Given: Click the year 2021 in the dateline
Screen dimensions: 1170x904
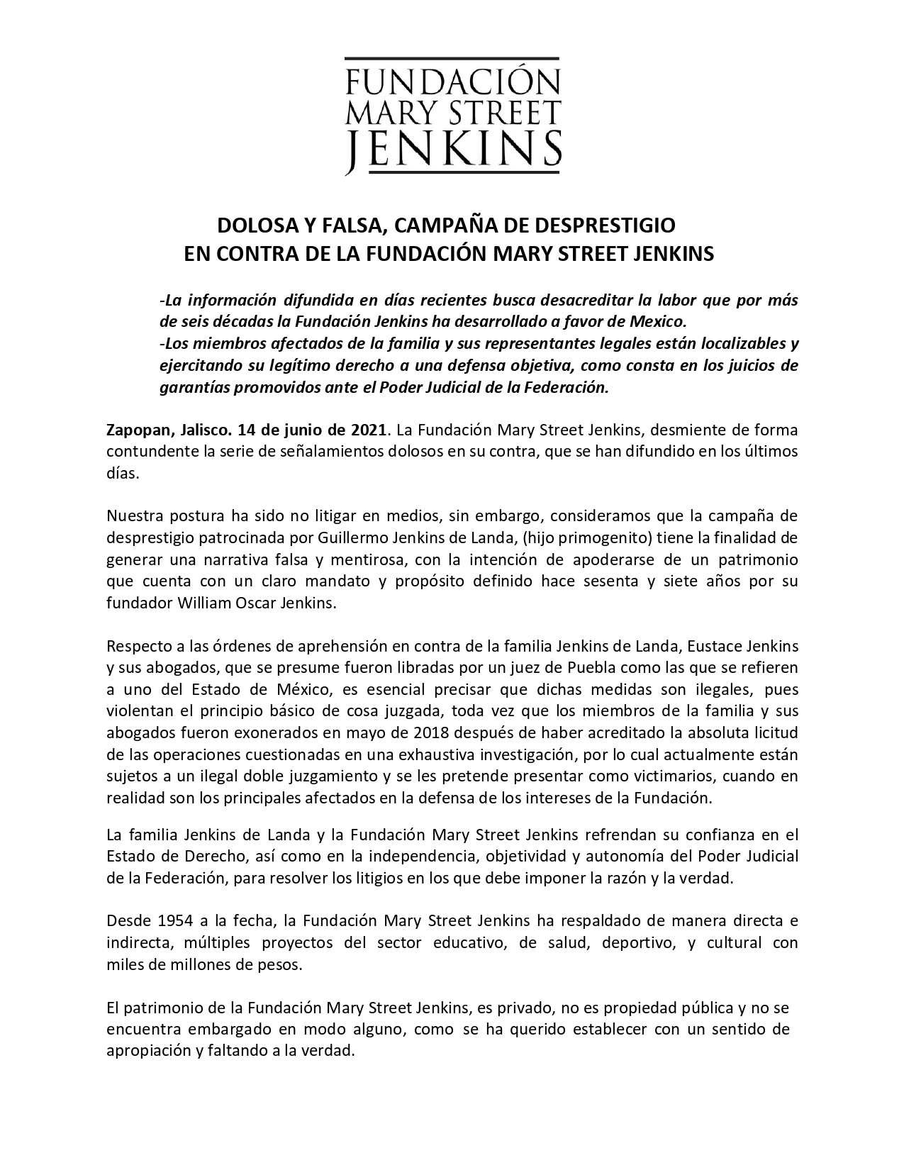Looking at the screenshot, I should (369, 430).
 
